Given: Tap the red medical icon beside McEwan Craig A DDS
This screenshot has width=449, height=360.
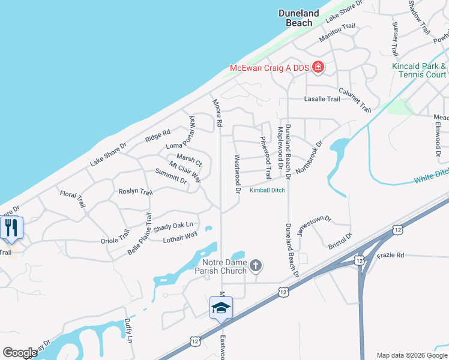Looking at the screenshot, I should (318, 68).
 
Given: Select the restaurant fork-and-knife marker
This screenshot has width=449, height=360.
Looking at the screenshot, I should (11, 228).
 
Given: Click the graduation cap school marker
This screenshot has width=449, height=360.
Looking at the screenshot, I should (221, 308).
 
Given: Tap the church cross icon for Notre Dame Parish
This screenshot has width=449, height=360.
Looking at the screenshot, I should (256, 265).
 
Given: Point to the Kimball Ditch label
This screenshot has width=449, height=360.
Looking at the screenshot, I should (267, 190).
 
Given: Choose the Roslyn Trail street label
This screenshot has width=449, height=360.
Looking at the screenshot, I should (136, 191).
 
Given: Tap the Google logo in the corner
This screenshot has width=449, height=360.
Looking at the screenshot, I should (20, 352).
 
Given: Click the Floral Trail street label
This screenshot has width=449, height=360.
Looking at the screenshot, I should (73, 199).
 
